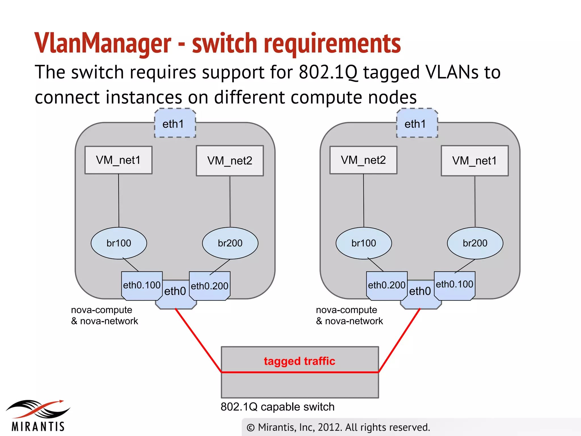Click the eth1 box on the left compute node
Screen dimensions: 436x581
coord(175,123)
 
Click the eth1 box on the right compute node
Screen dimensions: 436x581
coord(417,123)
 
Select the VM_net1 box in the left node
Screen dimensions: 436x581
coord(118,160)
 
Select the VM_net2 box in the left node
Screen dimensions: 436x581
coord(230,161)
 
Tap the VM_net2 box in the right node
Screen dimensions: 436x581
coord(363,160)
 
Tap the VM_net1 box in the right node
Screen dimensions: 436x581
coord(474,161)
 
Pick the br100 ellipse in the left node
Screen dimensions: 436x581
coord(119,243)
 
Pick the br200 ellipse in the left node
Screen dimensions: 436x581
coord(230,243)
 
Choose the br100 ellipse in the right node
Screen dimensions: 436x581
coord(363,243)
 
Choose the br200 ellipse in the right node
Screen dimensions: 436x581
coord(475,243)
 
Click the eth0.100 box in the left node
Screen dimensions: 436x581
coord(142,285)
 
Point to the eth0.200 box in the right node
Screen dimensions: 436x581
coord(386,285)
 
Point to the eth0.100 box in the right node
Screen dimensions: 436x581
coord(454,284)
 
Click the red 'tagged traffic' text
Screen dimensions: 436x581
coord(299,361)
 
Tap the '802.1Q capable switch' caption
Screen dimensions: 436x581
coord(277,407)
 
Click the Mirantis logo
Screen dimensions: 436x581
coord(38,416)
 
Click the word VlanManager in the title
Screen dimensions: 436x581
coord(103,43)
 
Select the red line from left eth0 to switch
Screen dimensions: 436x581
coord(199,341)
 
